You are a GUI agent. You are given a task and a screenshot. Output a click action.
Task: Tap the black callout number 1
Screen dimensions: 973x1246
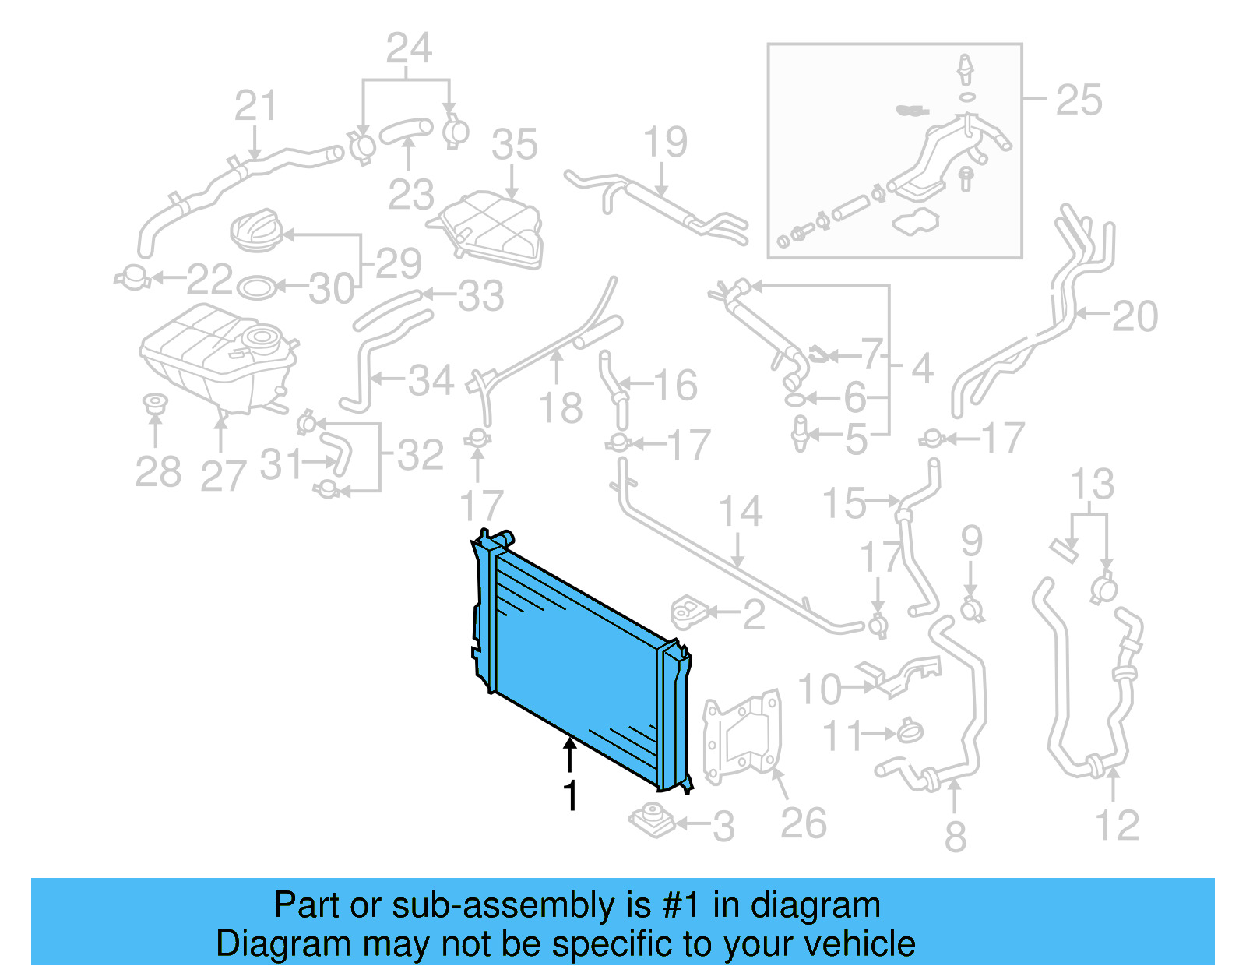pos(571,796)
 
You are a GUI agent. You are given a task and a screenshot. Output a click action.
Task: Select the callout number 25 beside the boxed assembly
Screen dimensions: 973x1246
pos(1079,100)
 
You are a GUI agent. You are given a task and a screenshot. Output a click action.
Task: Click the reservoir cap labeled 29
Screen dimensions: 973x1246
pos(255,230)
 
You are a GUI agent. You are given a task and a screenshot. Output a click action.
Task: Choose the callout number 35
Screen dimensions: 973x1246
pos(514,146)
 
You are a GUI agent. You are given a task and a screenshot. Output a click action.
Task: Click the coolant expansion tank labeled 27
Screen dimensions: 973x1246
pos(218,354)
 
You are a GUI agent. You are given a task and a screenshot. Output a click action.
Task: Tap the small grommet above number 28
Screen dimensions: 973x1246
pos(156,404)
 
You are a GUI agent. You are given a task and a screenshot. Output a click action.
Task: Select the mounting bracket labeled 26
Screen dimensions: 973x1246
pos(741,736)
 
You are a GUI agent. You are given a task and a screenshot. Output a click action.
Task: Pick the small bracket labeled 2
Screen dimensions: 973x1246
pos(688,612)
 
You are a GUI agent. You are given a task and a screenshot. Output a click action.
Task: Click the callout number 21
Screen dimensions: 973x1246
pos(255,106)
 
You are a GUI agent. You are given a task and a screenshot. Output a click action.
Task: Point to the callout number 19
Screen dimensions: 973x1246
pos(665,143)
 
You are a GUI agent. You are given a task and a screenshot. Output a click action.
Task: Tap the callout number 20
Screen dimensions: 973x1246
pos(1135,316)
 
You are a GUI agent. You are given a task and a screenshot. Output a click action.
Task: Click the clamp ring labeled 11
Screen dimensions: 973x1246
pos(910,732)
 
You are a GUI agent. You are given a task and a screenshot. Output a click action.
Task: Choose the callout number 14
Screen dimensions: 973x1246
pos(740,512)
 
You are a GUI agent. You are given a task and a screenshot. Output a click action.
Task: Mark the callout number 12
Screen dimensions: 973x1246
pos(1117,826)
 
